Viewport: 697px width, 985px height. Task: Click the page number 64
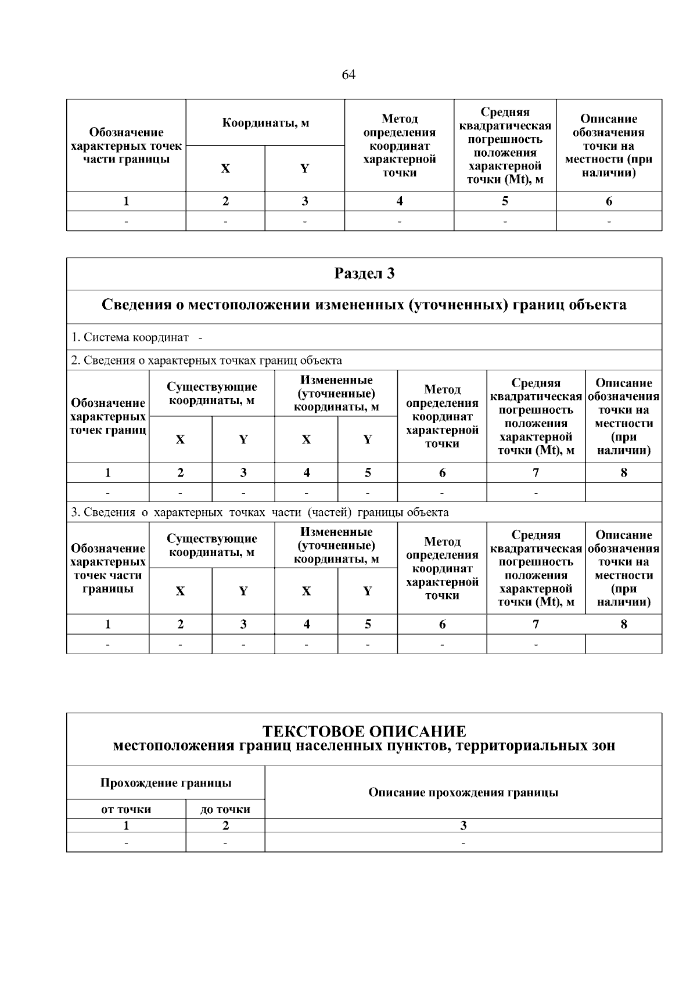348,75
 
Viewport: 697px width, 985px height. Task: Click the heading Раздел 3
364,273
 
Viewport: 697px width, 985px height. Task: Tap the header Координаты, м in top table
265,122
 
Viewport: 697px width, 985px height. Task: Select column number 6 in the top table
609,201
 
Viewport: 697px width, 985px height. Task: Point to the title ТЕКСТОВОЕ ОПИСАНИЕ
364,731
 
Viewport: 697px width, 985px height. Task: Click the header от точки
126,809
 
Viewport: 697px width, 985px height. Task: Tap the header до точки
225,809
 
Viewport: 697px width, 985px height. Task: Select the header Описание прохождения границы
463,792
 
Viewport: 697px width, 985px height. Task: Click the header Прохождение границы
166,783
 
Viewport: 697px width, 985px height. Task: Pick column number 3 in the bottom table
463,825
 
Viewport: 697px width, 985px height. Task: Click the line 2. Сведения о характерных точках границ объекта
206,360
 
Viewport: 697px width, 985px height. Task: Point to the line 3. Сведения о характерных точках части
260,513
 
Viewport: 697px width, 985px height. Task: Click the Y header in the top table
304,169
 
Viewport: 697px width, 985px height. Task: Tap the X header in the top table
225,169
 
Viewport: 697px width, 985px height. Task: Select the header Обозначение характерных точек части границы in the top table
126,146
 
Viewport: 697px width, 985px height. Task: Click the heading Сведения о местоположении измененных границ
364,305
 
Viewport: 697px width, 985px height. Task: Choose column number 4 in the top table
399,201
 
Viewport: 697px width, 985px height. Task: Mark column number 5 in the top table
505,201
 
